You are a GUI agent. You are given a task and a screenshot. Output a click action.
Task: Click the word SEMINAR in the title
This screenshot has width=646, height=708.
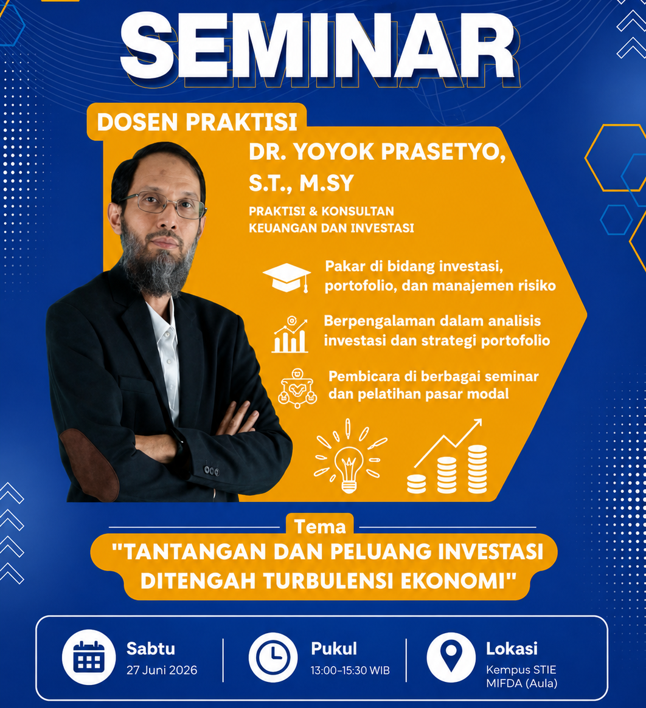[x=318, y=47]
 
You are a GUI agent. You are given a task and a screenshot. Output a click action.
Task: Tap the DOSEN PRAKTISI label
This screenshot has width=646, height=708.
[x=197, y=122]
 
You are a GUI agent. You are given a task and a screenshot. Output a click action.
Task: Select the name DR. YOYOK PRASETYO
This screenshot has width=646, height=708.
[x=377, y=152]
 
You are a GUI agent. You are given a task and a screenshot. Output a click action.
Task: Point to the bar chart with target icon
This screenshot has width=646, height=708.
[x=290, y=334]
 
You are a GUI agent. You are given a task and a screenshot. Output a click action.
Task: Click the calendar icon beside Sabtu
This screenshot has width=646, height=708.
[x=89, y=656]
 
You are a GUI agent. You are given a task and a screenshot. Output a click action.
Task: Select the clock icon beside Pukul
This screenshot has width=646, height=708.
[x=273, y=657]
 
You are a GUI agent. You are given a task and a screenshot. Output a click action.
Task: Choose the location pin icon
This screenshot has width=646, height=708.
[x=451, y=657]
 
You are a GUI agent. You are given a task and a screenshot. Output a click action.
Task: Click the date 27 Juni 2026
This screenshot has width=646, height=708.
[x=162, y=670]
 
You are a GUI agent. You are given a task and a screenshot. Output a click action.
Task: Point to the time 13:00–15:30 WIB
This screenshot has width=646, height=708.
[x=350, y=670]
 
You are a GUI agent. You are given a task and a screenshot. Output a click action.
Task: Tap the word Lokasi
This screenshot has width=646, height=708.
[x=512, y=649]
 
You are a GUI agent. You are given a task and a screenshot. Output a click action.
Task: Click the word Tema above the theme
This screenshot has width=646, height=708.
[x=320, y=526]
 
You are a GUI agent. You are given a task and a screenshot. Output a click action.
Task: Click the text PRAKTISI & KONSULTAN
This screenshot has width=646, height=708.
[x=321, y=211]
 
